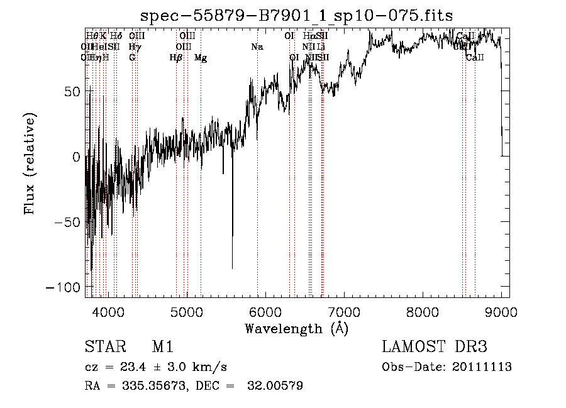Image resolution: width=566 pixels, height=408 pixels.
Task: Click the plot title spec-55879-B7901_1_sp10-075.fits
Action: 296,16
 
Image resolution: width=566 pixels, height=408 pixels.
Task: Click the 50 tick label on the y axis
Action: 73,91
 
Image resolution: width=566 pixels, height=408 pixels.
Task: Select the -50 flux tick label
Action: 69,222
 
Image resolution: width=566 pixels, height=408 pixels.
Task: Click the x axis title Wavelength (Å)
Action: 296,328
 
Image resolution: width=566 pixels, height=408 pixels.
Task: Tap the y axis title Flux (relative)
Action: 30,163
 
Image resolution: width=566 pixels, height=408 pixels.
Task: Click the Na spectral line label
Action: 257,47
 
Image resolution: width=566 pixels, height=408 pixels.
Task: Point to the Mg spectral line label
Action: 201,58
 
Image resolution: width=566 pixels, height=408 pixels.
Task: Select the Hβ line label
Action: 176,58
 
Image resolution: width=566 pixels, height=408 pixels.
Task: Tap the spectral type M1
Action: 162,347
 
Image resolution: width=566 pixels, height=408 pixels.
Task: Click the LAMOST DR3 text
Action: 435,347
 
